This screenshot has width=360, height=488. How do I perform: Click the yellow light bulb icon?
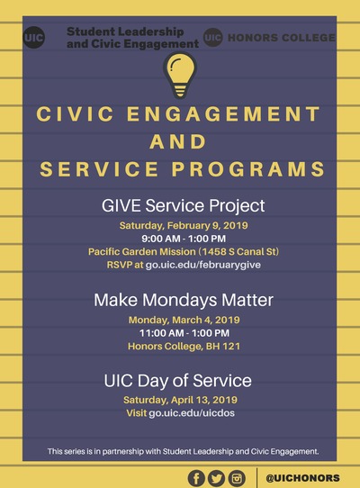click(x=180, y=76)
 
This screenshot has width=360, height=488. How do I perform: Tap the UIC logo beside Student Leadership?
click(x=34, y=38)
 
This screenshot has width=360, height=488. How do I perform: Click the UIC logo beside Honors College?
click(x=212, y=37)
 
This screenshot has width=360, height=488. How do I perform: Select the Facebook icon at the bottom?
click(x=196, y=478)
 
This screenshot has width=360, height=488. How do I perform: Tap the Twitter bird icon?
click(x=216, y=478)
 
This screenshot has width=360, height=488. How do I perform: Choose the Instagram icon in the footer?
click(x=237, y=478)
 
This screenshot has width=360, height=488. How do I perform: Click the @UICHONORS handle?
click(x=302, y=478)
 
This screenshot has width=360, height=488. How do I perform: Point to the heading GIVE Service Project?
click(x=184, y=206)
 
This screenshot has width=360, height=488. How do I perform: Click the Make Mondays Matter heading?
click(x=184, y=300)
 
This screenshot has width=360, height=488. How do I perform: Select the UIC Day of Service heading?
click(x=177, y=381)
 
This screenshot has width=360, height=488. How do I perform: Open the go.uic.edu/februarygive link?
click(x=203, y=265)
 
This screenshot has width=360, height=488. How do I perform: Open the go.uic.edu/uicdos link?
click(x=192, y=413)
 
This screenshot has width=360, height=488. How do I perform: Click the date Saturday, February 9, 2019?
click(x=184, y=225)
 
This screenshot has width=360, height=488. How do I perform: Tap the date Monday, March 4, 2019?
click(x=184, y=320)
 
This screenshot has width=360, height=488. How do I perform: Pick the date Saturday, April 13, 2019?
click(x=181, y=400)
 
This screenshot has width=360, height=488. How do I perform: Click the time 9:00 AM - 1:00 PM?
click(x=184, y=239)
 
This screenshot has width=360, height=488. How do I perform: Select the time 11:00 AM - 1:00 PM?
click(x=184, y=333)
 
